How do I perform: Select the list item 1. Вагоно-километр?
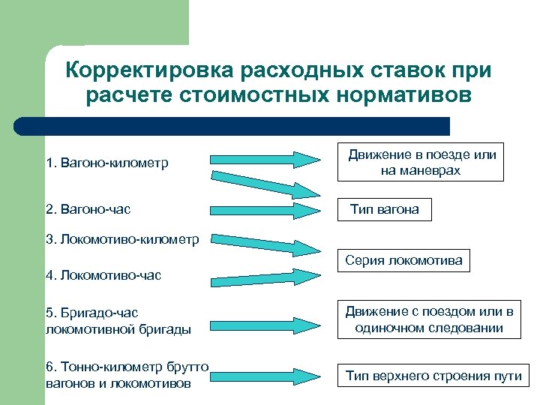coord(107,162)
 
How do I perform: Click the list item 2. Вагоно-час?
coord(88,209)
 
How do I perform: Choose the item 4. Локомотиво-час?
coord(103,275)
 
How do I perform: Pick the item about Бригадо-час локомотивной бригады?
coord(118,320)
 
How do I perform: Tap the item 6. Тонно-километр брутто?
coord(126,373)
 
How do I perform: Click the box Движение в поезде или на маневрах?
coord(421,162)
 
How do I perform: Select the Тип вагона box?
coord(385,209)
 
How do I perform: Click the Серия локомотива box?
coord(403,261)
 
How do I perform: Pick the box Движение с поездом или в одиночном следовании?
coord(429,319)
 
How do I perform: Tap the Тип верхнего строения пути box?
coord(433,376)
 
